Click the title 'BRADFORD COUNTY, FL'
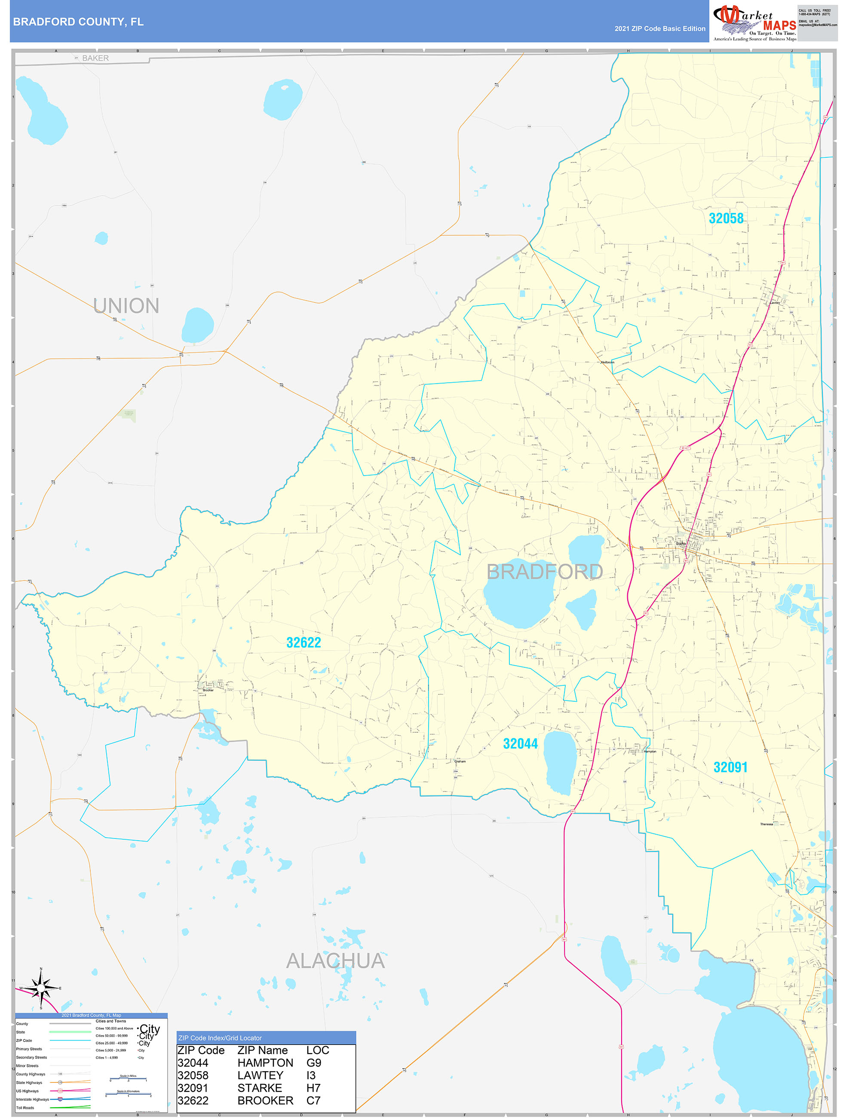coord(78,22)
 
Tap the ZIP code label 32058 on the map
coord(726,218)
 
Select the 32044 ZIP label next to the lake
coord(520,743)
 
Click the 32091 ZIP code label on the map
coord(730,767)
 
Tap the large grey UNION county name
coord(126,306)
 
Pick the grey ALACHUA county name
coord(336,961)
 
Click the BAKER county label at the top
coord(95,58)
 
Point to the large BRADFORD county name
coord(544,571)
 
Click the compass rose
coord(41,987)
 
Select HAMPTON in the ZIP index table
coord(265,1063)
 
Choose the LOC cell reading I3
coord(311,1075)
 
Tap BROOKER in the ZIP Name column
coord(265,1100)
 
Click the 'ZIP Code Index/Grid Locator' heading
coord(220,1038)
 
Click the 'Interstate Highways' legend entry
coord(33,1100)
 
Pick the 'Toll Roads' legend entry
coord(25,1107)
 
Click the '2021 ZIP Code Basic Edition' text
coord(659,29)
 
